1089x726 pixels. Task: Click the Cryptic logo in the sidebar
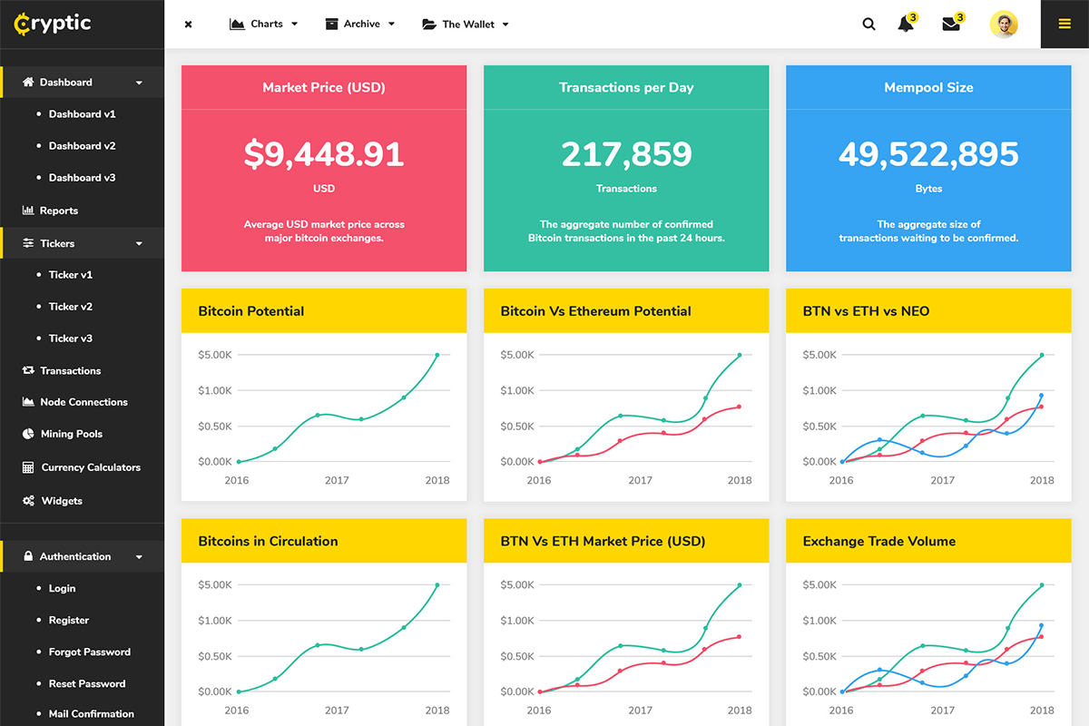click(x=53, y=24)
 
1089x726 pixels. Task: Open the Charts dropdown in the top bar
click(x=264, y=25)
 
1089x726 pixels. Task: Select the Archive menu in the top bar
click(x=360, y=25)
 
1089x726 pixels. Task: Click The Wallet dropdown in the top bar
click(x=466, y=25)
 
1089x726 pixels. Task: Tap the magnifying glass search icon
click(x=868, y=25)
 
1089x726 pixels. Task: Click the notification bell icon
click(x=906, y=25)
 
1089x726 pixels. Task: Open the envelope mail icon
click(x=951, y=25)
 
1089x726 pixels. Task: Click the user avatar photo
click(x=1004, y=25)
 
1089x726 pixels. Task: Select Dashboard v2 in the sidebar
click(x=82, y=146)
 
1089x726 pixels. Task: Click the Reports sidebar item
click(x=58, y=211)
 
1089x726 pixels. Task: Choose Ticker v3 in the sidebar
click(x=70, y=338)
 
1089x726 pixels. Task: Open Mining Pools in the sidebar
click(x=71, y=435)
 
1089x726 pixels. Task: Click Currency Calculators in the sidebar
click(x=90, y=467)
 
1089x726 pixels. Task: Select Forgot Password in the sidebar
click(x=89, y=652)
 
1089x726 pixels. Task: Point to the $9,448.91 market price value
click(x=324, y=154)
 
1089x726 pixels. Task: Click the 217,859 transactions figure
click(x=626, y=154)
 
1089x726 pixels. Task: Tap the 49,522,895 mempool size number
click(x=928, y=154)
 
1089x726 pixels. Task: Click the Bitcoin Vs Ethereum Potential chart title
click(x=595, y=311)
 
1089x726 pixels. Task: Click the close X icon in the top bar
click(x=188, y=25)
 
